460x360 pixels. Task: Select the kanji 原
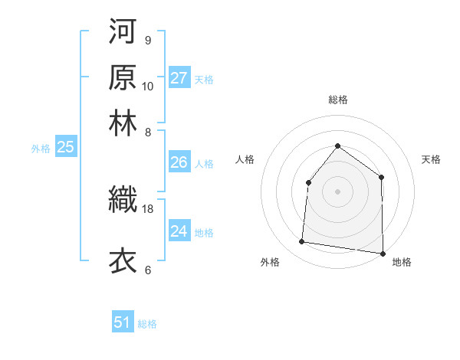click(123, 77)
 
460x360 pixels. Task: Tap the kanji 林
click(123, 123)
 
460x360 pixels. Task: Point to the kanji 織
click(123, 199)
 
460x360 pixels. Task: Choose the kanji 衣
click(123, 260)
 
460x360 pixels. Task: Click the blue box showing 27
click(179, 78)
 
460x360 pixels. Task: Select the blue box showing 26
click(179, 162)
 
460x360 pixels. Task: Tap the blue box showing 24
click(179, 231)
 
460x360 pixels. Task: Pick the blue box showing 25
click(65, 148)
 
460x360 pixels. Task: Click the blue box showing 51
click(123, 322)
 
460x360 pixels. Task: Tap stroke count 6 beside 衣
click(147, 270)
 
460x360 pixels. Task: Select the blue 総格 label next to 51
click(147, 324)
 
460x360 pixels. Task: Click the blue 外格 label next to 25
click(41, 149)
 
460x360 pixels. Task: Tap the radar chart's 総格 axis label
click(337, 100)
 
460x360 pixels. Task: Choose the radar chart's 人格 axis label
click(245, 159)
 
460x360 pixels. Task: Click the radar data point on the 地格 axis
click(383, 253)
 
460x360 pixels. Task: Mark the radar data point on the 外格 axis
click(302, 242)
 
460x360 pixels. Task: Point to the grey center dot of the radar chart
click(337, 191)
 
